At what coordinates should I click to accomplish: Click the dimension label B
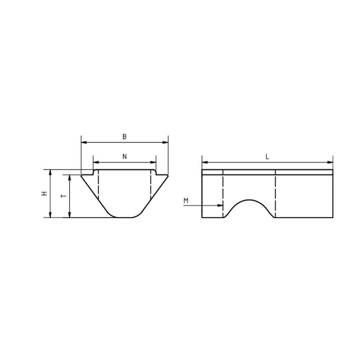pos(125,136)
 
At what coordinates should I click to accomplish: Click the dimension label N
pos(125,157)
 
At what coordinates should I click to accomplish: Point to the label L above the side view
pos(267,157)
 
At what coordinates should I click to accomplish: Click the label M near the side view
pos(186,201)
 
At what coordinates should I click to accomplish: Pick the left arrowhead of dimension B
pos(84,142)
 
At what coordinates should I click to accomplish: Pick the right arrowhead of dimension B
pos(165,142)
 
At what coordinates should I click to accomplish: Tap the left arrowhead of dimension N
pos(96,162)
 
